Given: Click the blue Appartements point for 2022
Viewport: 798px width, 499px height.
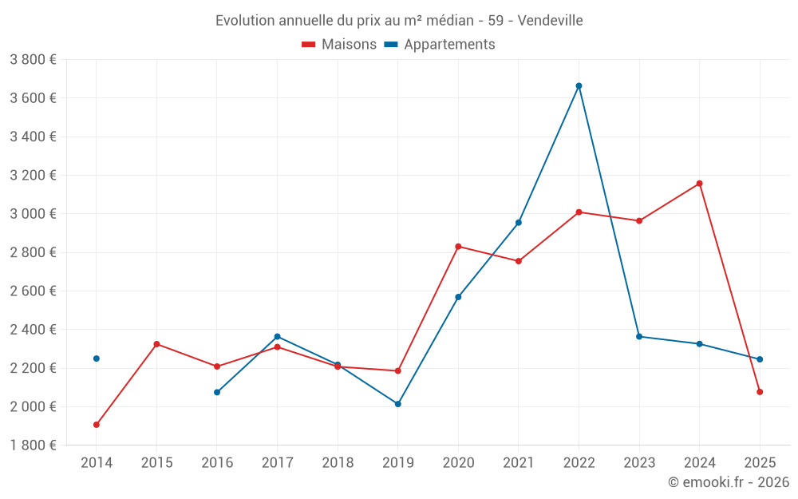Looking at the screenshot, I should pos(579,85).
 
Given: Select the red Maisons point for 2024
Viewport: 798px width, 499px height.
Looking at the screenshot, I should pos(699,184).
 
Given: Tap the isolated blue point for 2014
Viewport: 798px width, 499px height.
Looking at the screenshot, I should pos(97,358).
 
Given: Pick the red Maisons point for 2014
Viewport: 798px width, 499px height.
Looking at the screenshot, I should pos(97,425).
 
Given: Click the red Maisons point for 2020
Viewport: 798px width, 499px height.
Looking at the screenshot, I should pos(458,246).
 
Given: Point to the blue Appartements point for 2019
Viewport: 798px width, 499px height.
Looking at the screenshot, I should pos(397,404).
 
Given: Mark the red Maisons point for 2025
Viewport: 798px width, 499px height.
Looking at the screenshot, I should pos(760,392).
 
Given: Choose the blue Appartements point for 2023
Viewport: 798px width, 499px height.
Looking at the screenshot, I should pos(639,337).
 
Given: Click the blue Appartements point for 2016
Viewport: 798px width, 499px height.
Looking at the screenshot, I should pos(217,392).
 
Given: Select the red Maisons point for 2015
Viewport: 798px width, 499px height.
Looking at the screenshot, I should pos(156,344).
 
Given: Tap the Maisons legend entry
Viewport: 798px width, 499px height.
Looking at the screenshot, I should pos(339,45).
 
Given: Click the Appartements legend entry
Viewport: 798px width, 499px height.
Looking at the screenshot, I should pos(440,45).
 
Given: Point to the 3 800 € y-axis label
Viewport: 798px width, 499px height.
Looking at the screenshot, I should pos(33,60).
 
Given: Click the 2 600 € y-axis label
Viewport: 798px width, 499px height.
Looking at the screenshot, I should pos(33,291).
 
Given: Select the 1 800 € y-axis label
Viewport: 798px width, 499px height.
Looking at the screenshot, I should pos(33,446).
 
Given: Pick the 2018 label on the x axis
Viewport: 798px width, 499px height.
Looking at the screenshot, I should pos(338,463).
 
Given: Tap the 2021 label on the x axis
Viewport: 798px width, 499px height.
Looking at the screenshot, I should pos(518,463).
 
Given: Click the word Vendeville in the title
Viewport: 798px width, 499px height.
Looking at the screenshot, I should pos(550,20).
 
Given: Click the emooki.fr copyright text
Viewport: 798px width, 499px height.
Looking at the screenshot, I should pos(728,482).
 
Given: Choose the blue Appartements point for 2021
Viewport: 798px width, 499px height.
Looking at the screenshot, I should pos(519,223).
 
